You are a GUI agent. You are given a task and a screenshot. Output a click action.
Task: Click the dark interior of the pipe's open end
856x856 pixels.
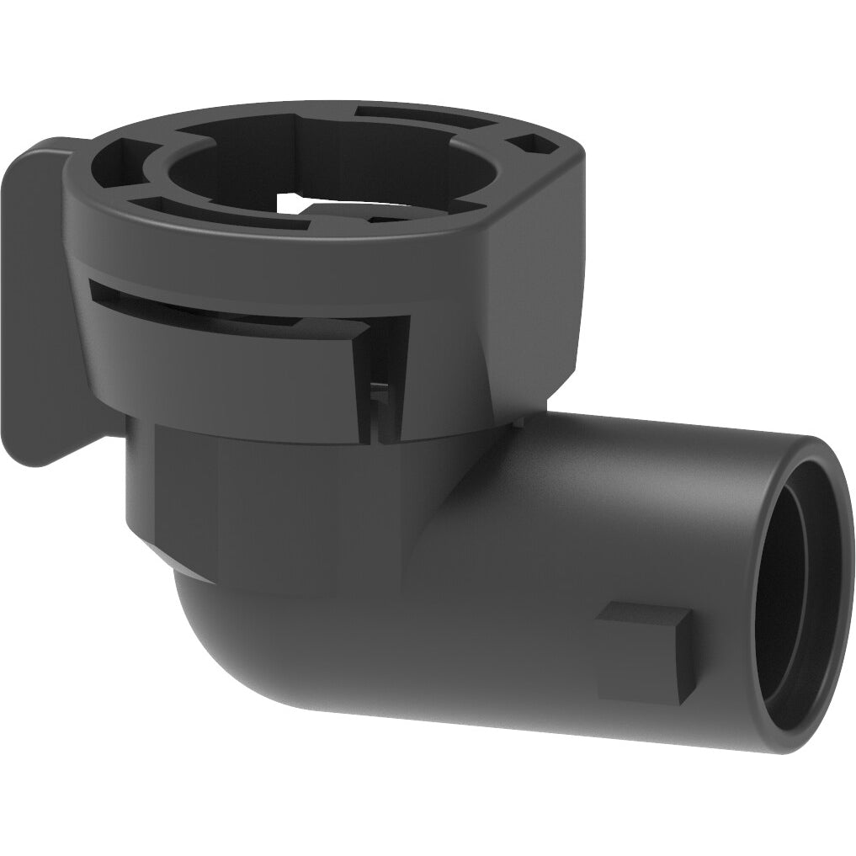(x=800, y=589)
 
